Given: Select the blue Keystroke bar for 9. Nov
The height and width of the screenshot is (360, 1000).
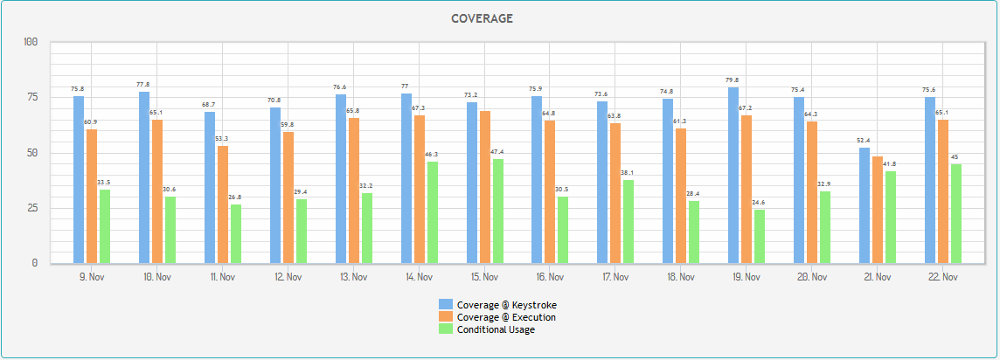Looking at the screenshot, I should click(79, 179).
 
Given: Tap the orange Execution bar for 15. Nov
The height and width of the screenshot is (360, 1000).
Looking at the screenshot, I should click(485, 187).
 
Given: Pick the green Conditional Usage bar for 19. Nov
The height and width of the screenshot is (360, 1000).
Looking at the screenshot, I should click(760, 236).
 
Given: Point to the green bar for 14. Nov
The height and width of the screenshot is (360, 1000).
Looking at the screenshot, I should click(433, 212).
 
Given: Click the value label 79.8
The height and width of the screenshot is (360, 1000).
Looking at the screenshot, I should click(733, 80).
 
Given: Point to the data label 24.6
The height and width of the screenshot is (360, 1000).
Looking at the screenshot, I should click(760, 202).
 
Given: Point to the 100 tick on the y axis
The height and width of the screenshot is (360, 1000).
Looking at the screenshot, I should click(30, 42).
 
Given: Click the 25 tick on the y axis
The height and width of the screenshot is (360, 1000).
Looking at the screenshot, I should click(32, 208).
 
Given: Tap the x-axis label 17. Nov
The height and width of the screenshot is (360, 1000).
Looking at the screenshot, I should click(615, 277).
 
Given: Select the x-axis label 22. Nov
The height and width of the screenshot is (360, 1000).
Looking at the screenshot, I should click(942, 277).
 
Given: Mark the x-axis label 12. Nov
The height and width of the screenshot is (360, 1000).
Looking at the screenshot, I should click(288, 277).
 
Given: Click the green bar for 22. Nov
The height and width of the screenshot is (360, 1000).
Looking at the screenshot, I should click(956, 213).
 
